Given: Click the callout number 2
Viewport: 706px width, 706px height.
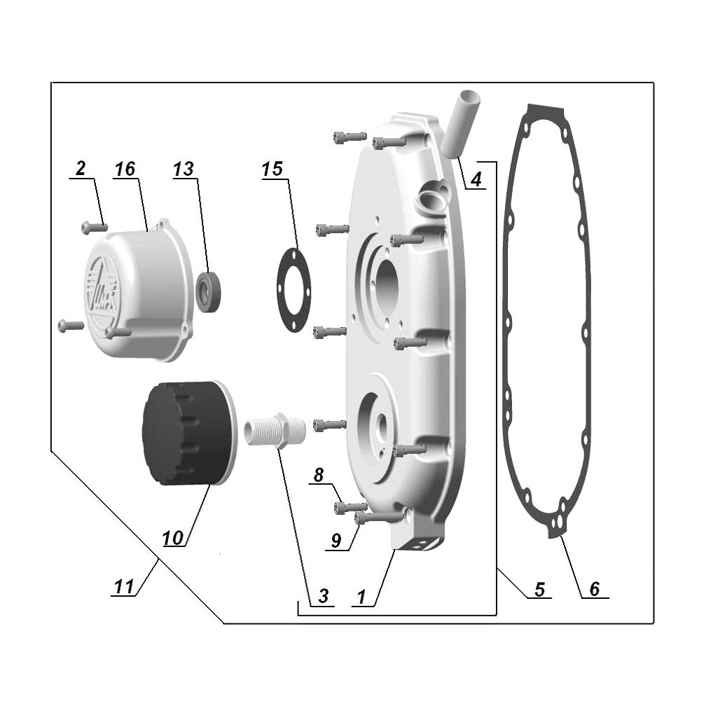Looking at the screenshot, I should [81, 169].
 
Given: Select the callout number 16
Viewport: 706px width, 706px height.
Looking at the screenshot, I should [125, 169].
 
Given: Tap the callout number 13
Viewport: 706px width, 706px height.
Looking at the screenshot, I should [183, 169].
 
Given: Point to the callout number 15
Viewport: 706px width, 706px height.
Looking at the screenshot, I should [272, 169].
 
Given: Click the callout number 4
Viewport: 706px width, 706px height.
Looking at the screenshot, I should [476, 179].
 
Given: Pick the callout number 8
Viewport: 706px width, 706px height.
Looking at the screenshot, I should [319, 476].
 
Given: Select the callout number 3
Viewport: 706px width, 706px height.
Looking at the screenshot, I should [322, 596].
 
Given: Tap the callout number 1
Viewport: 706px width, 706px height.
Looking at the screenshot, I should [361, 597].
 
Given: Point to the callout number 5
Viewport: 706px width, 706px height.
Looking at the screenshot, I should [539, 590].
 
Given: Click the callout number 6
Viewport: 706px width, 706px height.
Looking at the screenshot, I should [594, 589].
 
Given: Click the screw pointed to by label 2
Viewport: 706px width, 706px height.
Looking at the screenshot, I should [92, 226].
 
